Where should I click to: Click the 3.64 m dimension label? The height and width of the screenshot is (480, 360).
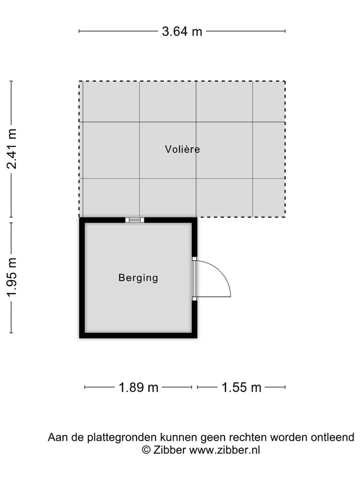[x=182, y=31]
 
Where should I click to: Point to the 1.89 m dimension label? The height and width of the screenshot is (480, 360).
[x=138, y=387]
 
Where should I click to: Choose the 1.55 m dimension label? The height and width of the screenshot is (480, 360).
[x=241, y=387]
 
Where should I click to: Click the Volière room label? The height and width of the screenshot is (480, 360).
[x=182, y=149]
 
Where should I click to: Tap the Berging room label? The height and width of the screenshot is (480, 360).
[x=138, y=277]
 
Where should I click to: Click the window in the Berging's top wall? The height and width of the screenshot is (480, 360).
[x=134, y=219]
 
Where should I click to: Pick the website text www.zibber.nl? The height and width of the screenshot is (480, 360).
[x=224, y=450]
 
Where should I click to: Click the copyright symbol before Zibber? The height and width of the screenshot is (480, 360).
[x=146, y=450]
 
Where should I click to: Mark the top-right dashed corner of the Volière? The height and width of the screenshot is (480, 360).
[x=285, y=81]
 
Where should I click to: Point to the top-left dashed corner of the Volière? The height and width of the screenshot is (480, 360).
[x=79, y=81]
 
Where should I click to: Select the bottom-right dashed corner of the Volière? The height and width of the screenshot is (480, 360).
[x=285, y=216]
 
